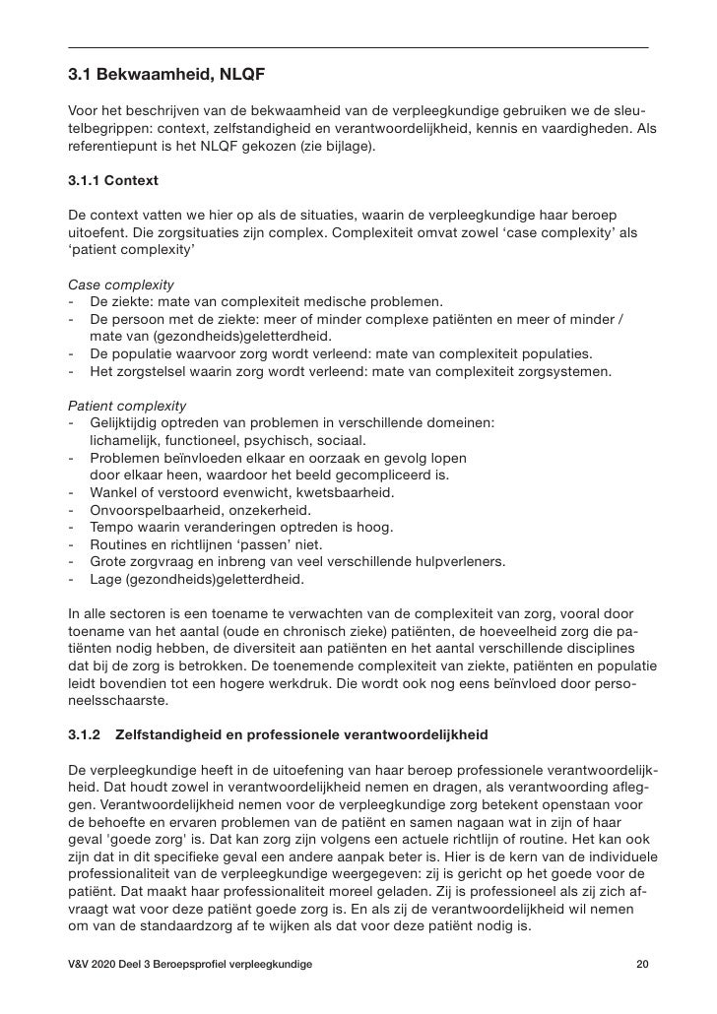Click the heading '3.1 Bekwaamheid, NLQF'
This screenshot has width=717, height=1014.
point(166,74)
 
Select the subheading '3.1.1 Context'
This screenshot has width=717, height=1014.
point(113,181)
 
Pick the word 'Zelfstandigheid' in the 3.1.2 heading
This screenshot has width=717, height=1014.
point(168,735)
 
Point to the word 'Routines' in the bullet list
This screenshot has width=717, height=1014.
point(119,544)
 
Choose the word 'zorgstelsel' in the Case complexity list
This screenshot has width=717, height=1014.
point(153,371)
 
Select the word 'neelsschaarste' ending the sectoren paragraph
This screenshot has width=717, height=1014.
point(118,701)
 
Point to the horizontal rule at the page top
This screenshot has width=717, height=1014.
point(358,47)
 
